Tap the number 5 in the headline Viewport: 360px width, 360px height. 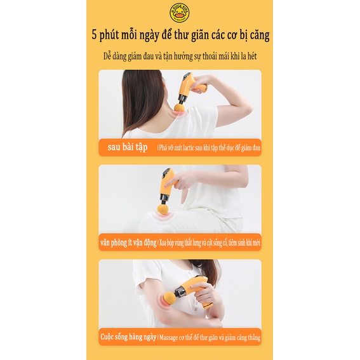coord(94,35)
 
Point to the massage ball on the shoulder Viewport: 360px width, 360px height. coord(180,106)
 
